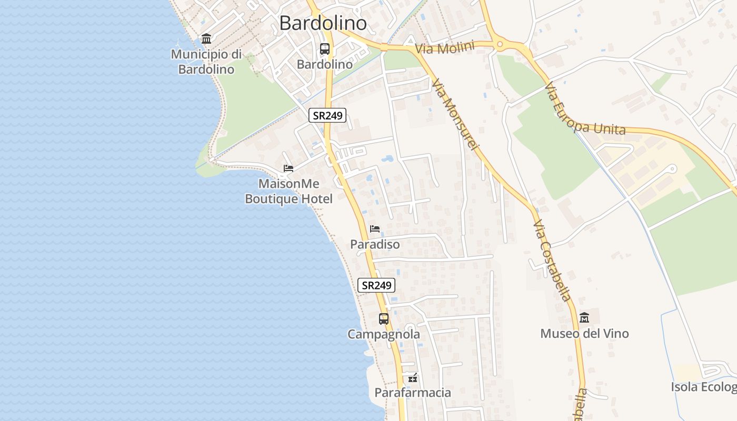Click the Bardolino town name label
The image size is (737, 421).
(323, 23)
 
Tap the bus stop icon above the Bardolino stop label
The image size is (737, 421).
(325, 49)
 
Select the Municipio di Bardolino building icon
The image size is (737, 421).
(206, 39)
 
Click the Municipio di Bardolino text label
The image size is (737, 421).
(206, 62)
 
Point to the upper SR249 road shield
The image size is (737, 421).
(327, 116)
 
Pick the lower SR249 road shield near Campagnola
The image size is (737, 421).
(376, 285)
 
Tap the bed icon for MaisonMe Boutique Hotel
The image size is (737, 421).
(288, 168)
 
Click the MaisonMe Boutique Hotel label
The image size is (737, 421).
(288, 192)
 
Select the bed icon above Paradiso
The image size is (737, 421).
(375, 228)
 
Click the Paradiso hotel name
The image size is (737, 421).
(375, 245)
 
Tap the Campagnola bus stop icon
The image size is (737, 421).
(384, 318)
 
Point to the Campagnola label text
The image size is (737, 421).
(384, 335)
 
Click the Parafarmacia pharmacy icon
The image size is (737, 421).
(413, 378)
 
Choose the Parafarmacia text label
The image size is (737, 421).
(413, 393)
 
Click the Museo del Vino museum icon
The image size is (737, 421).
(584, 317)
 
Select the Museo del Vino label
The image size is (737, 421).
(584, 334)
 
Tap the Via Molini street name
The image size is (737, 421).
(444, 48)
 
